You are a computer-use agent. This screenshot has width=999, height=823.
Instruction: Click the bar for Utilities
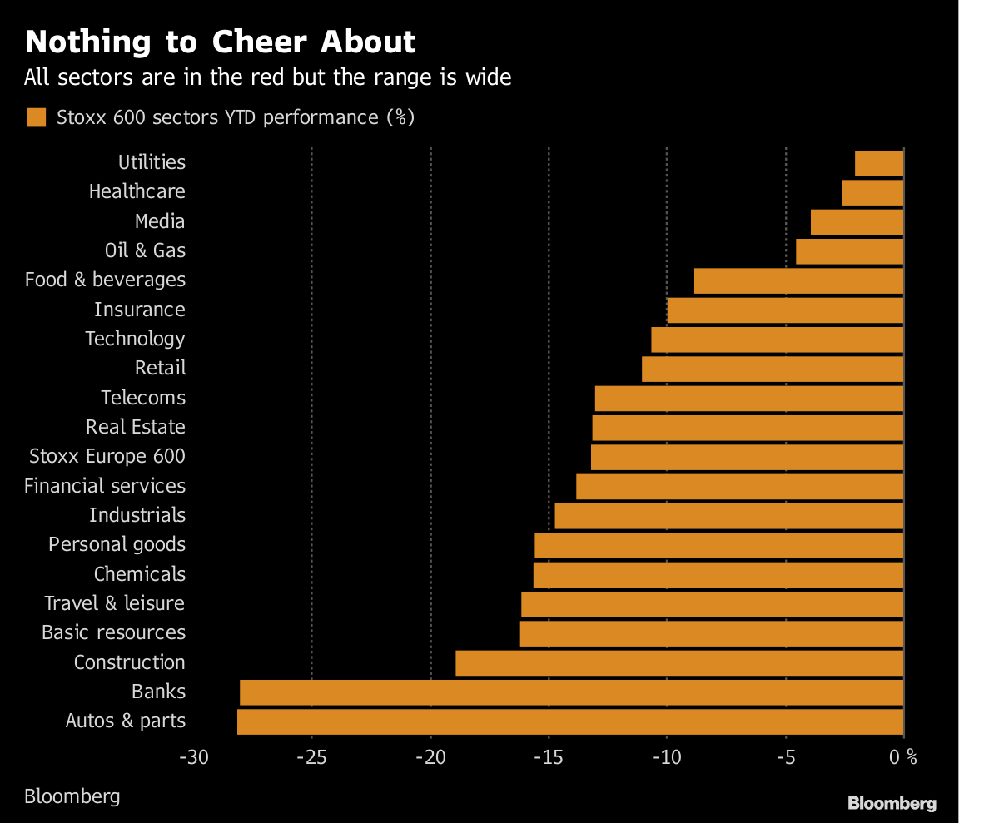click(879, 163)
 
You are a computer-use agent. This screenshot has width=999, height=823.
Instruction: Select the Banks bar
click(571, 692)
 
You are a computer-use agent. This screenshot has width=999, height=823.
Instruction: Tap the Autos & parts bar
click(570, 721)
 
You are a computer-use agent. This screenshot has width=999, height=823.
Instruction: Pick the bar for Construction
click(679, 663)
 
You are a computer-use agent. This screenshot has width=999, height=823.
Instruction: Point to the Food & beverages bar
click(798, 280)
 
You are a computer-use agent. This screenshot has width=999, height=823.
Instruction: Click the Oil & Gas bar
click(849, 251)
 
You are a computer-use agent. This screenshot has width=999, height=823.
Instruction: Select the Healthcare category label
click(137, 191)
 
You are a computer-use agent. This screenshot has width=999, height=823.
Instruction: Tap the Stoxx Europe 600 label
click(107, 456)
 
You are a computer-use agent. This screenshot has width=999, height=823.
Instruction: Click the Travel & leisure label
click(115, 603)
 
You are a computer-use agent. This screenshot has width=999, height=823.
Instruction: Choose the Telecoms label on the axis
click(143, 398)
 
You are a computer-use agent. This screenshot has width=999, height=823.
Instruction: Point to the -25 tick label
click(311, 757)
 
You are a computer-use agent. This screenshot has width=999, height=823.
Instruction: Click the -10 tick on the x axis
click(667, 757)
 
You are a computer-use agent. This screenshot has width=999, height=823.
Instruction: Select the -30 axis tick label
click(193, 757)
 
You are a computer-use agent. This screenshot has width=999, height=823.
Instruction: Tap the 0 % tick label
click(902, 757)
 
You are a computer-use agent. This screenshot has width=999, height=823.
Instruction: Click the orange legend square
click(36, 117)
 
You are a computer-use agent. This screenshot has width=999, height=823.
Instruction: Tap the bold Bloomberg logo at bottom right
click(892, 803)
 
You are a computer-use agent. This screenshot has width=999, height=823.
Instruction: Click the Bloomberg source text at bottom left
click(72, 796)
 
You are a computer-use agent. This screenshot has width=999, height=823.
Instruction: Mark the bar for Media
click(857, 222)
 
